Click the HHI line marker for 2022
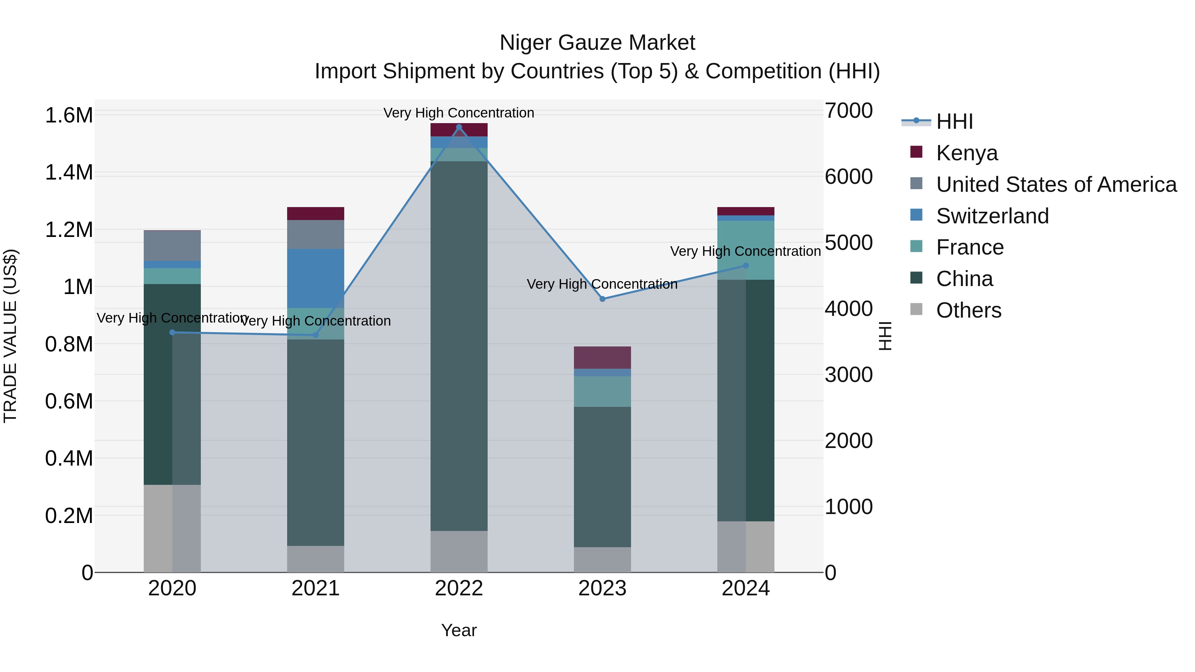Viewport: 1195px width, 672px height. tap(459, 127)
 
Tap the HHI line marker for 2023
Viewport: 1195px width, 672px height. tap(602, 299)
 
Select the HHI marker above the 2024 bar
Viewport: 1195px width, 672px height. tap(746, 266)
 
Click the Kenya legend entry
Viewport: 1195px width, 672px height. tap(966, 153)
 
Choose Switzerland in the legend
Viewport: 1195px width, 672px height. tap(992, 216)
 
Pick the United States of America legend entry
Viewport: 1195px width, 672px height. tap(1056, 185)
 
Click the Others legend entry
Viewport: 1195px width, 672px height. tap(968, 310)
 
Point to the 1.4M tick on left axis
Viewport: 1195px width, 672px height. tap(69, 173)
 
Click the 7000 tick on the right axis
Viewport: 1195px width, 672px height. tap(848, 111)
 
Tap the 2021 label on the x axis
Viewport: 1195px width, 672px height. tap(315, 588)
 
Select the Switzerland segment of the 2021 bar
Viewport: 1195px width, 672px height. tap(315, 278)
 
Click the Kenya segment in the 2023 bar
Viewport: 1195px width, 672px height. tap(602, 357)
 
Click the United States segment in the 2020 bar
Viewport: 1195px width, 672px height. tap(172, 246)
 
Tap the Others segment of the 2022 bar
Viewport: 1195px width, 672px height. tap(459, 552)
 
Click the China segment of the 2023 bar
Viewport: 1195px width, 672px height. tap(602, 477)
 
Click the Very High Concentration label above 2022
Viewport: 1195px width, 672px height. tap(458, 113)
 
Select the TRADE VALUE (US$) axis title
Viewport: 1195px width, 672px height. tap(10, 336)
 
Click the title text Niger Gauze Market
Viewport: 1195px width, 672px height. tap(597, 43)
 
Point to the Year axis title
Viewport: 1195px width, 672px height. tap(459, 630)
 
